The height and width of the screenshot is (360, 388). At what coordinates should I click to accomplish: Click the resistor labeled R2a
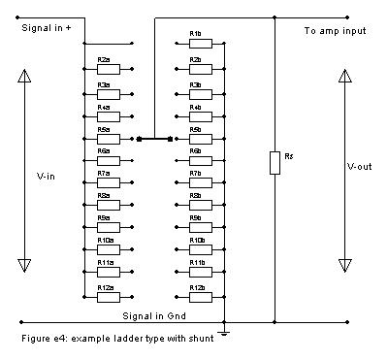click(x=105, y=67)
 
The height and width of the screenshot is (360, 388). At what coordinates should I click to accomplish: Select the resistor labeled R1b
click(x=197, y=44)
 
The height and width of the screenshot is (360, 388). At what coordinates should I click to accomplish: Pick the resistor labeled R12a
click(x=105, y=296)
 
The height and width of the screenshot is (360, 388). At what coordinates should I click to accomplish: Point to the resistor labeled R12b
click(x=197, y=296)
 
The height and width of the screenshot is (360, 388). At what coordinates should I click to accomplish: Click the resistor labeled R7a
click(x=105, y=181)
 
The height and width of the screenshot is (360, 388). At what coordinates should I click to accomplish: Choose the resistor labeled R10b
click(x=197, y=249)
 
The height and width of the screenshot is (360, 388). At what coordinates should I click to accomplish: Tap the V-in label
click(x=47, y=176)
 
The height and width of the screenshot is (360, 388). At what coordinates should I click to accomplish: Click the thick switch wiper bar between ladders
click(x=155, y=139)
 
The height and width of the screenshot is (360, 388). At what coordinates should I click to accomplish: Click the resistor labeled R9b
click(x=197, y=227)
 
